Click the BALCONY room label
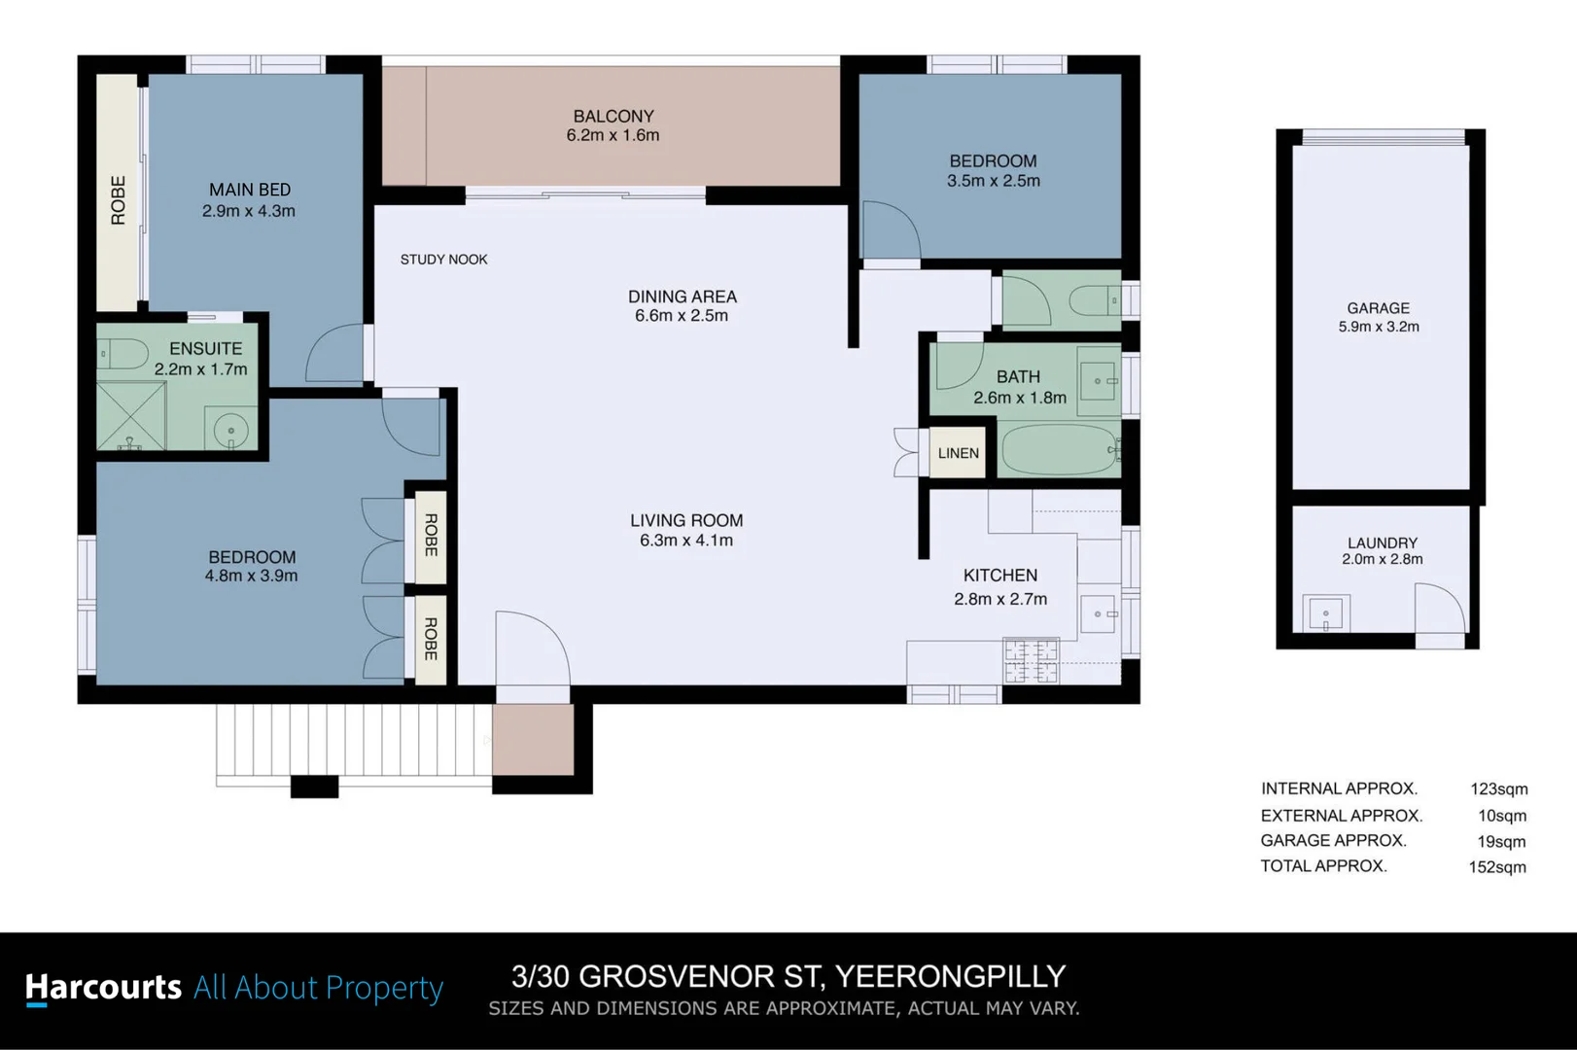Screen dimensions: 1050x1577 613,116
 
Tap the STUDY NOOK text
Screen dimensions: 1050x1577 443,260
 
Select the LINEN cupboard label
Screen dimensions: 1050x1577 958,453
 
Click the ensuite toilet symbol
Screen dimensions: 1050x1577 123,353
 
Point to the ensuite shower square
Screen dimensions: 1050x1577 131,415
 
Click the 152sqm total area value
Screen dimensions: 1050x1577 1497,867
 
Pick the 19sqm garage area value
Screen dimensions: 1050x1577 1501,842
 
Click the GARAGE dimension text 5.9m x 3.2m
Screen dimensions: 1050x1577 1378,327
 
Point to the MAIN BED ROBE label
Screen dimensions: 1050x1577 119,200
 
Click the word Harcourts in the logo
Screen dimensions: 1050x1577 103,987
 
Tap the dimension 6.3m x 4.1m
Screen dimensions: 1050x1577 685,541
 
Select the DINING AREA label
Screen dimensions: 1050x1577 682,297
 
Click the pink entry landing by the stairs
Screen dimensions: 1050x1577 532,739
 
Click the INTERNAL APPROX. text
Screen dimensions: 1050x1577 1339,788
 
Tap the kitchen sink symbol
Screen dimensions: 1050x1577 1101,613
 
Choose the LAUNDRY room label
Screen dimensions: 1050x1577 1382,542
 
